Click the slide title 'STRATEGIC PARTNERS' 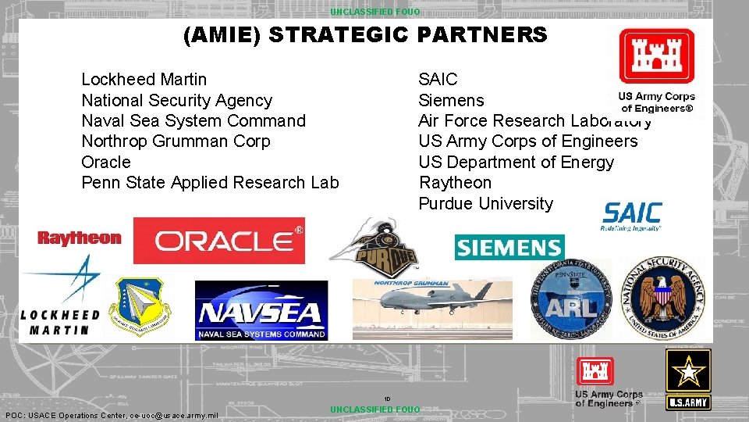pos(365,35)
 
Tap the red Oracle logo pos(219,241)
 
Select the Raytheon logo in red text pos(80,238)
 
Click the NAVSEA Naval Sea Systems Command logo pos(261,311)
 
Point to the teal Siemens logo pos(509,248)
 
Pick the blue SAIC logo pos(632,215)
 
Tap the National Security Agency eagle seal pos(664,299)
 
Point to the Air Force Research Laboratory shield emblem pos(143,306)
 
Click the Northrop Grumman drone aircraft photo pos(431,308)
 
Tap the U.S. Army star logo pos(687,379)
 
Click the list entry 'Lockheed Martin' pos(144,80)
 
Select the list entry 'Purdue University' pos(485,203)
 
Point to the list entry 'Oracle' pos(106,162)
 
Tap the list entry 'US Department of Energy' pos(516,162)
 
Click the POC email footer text pos(112,415)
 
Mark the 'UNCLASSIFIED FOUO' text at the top pos(374,12)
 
